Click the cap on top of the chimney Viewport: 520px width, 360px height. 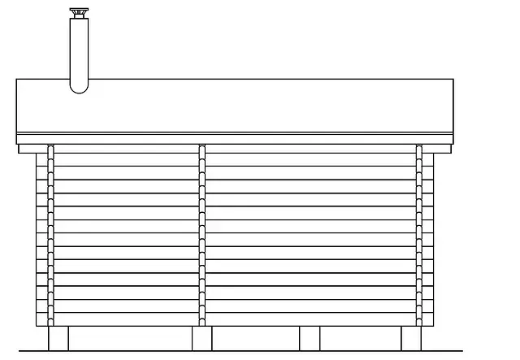(x=79, y=14)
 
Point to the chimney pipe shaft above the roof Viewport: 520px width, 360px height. (x=79, y=49)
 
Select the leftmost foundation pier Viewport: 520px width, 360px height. (x=58, y=338)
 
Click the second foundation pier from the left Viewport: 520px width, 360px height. (x=201, y=338)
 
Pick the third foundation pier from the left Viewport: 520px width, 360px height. (x=310, y=338)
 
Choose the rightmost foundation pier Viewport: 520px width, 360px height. (x=412, y=338)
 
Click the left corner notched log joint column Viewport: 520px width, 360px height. (x=51, y=236)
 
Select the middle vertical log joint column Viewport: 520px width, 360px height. (x=201, y=236)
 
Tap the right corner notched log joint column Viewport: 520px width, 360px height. (x=419, y=236)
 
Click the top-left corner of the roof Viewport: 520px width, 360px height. (x=17, y=80)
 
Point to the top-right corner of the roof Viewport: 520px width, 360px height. (x=453, y=80)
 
